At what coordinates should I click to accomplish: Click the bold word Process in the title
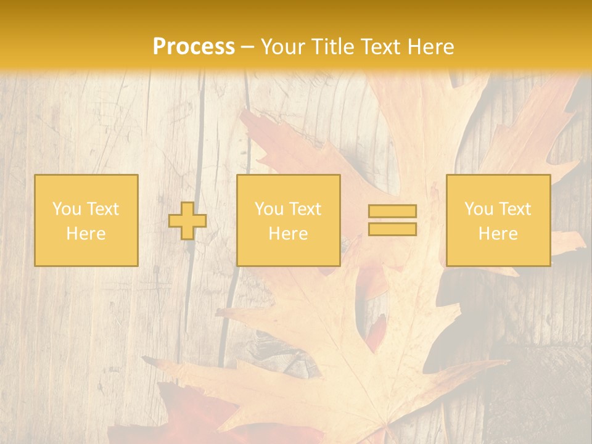pos(194,47)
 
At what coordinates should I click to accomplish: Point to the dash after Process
pos(248,47)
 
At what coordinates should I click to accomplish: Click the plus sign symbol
pos(187,221)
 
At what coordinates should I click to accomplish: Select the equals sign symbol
pos(392,220)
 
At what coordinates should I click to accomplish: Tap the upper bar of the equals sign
pos(392,211)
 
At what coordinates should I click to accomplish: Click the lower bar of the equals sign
pos(392,229)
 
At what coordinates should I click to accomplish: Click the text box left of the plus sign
pos(86,221)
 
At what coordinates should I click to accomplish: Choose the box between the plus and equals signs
pos(288,221)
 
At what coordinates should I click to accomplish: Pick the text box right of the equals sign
pos(498,221)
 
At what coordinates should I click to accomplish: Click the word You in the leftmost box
pos(67,209)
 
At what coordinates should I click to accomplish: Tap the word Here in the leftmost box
pos(86,234)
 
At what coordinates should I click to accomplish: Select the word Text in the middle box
pos(305,209)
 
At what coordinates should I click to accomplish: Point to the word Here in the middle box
pos(288,234)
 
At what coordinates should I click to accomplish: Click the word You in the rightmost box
pos(479,209)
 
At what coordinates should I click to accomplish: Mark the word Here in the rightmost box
pos(498,234)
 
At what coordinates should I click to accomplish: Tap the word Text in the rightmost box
pos(515,209)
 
